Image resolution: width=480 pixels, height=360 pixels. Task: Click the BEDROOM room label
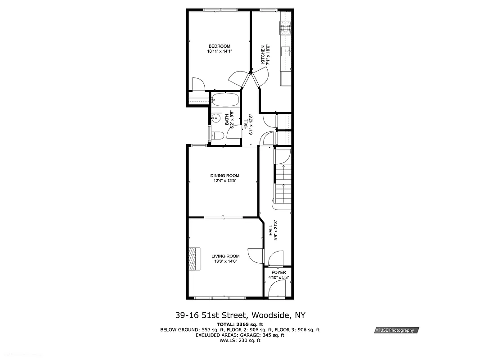click(219, 46)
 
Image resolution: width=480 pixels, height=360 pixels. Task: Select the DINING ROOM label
click(225, 175)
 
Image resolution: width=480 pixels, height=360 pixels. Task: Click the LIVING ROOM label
click(226, 256)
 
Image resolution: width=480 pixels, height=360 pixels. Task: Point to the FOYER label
click(278, 272)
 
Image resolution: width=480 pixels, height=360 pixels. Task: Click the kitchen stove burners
click(286, 28)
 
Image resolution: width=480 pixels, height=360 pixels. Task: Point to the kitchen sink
click(286, 51)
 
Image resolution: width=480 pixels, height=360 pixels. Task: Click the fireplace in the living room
click(193, 258)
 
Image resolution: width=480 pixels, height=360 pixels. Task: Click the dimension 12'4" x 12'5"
click(225, 181)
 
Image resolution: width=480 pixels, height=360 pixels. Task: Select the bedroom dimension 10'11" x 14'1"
click(219, 51)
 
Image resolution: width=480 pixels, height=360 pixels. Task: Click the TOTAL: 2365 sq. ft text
click(239, 324)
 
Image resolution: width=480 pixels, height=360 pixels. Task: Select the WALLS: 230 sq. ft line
click(239, 340)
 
